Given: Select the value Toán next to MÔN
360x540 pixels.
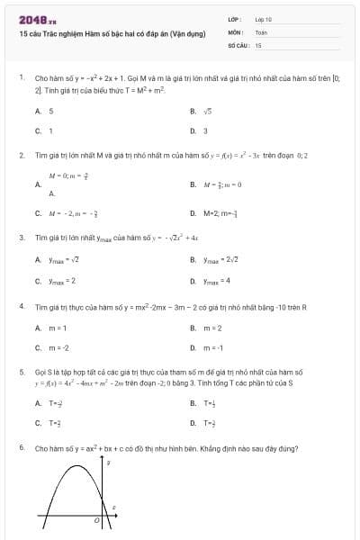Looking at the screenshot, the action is (x=261, y=31).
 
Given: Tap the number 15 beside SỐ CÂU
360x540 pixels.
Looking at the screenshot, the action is (x=258, y=44).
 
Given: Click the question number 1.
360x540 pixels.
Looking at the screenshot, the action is (x=21, y=78).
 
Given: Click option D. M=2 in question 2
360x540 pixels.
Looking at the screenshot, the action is (x=211, y=213).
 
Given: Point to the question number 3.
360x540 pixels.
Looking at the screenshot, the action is (x=21, y=238).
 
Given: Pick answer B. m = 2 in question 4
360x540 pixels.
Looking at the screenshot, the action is (x=202, y=328).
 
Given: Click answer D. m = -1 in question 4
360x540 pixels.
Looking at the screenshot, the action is (x=203, y=347).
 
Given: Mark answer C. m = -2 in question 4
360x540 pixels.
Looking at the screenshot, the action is (x=47, y=347).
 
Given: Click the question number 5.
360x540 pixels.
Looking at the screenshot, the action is (x=21, y=371).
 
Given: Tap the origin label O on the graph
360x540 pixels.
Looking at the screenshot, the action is (x=95, y=519).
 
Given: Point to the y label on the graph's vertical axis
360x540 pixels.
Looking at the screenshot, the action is (x=109, y=463).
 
